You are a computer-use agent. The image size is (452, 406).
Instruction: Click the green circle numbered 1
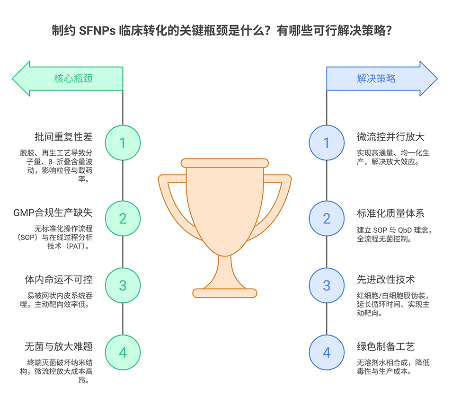123,142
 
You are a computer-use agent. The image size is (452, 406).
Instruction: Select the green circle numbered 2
123,218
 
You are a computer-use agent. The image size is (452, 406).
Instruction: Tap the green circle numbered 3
123,285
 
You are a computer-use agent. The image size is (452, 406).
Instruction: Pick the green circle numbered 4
123,353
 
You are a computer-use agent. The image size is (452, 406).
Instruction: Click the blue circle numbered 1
327,142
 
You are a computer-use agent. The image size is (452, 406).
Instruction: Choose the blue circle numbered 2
327,218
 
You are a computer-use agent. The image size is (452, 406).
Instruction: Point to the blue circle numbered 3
327,285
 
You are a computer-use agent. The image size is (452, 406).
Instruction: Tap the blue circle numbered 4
327,353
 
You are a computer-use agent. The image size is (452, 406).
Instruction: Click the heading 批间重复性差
63,137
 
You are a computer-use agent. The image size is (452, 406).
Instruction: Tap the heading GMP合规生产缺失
53,213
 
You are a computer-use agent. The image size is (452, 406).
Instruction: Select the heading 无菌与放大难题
58,347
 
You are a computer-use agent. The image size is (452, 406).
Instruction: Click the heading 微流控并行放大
391,137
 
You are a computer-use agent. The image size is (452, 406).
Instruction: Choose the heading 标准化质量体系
391,213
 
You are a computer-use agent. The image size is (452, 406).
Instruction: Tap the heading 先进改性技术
386,280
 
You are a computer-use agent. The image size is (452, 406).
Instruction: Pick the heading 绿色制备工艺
386,347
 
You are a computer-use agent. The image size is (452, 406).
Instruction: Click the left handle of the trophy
170,199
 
